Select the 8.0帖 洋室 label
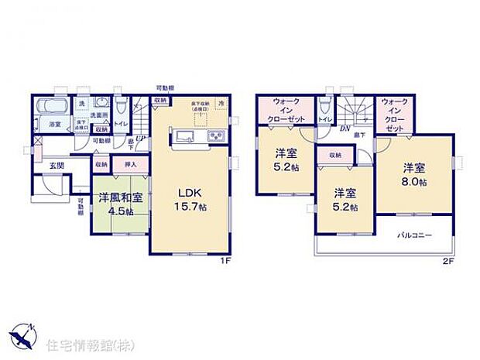[x=414, y=174]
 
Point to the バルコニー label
[x=415, y=235]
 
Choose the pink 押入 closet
[x=132, y=164]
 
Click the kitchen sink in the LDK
[x=187, y=137]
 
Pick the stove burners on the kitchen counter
[x=214, y=137]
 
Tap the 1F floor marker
[x=225, y=260]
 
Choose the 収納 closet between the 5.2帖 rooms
[x=335, y=155]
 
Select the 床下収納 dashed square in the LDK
[x=201, y=116]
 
